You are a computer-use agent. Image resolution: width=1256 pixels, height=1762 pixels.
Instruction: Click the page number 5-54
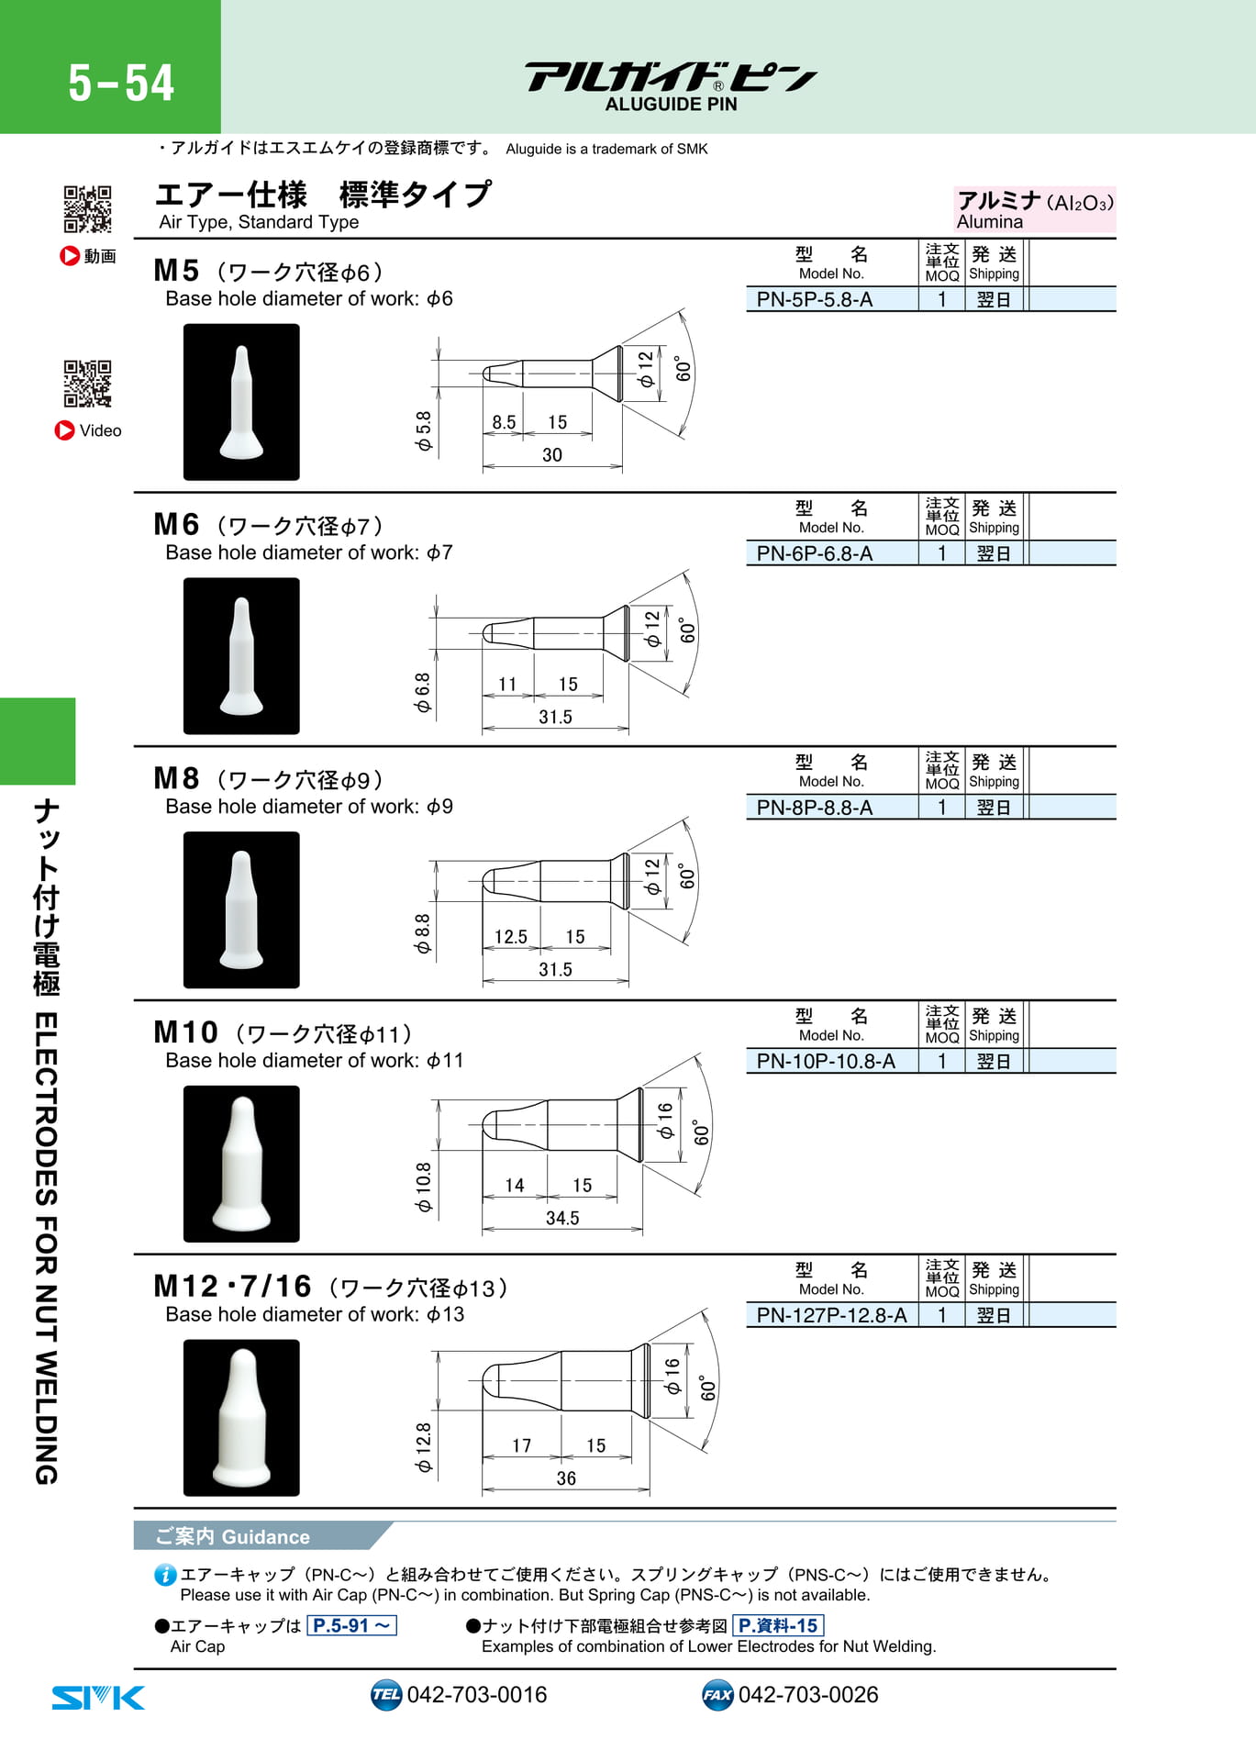click(121, 83)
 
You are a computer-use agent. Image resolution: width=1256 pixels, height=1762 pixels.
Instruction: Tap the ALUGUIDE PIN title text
click(671, 105)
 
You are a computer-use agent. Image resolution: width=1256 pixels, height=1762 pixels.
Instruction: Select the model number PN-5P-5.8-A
click(814, 299)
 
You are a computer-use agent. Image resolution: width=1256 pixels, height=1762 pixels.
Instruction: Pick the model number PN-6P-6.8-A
click(814, 553)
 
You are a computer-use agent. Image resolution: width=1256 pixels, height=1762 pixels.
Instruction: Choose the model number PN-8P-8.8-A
click(814, 808)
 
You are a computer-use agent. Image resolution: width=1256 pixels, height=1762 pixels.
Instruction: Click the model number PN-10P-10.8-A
click(826, 1061)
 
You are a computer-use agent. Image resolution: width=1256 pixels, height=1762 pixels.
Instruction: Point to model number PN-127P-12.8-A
click(831, 1315)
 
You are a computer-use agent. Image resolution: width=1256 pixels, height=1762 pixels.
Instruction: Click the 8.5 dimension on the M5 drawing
click(504, 422)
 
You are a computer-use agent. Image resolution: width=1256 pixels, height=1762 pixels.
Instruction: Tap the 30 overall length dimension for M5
click(552, 454)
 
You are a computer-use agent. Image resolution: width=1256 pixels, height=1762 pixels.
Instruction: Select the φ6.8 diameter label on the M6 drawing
click(422, 692)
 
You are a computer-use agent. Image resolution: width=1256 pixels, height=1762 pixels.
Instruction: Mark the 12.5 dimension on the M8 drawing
click(511, 936)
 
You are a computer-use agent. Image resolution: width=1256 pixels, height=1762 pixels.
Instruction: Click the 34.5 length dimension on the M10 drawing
click(562, 1218)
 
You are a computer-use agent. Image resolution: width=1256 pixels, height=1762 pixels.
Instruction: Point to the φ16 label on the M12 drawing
click(672, 1377)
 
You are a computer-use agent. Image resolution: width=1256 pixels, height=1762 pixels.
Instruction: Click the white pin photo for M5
click(241, 402)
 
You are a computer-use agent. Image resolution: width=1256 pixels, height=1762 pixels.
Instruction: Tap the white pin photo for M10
click(241, 1164)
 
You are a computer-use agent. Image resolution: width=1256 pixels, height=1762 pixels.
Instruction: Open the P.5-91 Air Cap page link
click(352, 1625)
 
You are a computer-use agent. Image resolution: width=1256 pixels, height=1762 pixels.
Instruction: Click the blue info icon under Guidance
click(165, 1575)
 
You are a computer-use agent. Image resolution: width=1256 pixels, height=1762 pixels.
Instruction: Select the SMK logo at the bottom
click(98, 1697)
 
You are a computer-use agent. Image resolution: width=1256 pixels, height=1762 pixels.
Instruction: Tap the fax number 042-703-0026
click(808, 1694)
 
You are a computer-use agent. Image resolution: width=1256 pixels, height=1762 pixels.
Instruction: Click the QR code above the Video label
click(87, 383)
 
